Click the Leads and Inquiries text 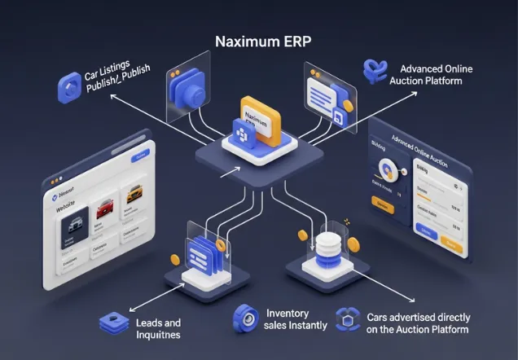pos(157,327)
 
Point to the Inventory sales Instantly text pos(296,319)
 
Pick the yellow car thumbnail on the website pos(133,195)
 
